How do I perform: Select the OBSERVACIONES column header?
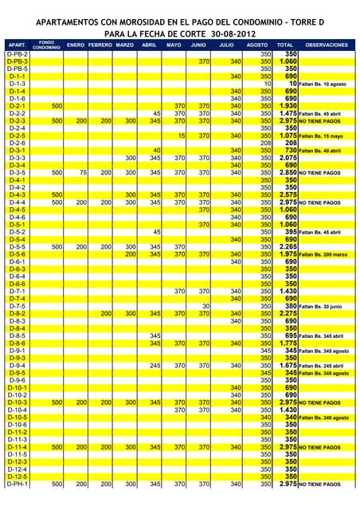coord(327,45)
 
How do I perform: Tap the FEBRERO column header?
coord(100,45)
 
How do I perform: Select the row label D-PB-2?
coord(17,53)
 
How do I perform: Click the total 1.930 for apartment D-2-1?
coord(288,105)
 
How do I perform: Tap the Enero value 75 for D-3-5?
coord(82,172)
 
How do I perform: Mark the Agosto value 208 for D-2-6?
coord(266,143)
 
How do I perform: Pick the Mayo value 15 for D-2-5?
coord(182,135)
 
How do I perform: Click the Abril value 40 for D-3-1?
coord(157,150)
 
